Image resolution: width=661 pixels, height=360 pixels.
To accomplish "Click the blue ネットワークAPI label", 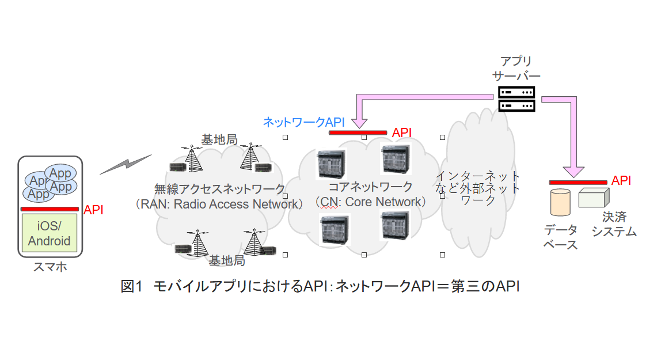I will (303, 122).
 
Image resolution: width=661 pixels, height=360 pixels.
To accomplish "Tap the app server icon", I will (516, 99).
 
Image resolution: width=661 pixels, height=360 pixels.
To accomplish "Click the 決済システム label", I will (614, 225).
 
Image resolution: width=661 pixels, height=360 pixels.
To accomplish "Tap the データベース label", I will (561, 237).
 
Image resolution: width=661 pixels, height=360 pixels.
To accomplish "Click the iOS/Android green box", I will (49, 233).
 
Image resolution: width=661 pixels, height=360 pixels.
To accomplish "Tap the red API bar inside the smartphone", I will (50, 209).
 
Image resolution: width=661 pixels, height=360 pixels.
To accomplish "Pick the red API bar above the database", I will (578, 181).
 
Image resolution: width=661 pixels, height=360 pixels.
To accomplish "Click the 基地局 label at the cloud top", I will (219, 140).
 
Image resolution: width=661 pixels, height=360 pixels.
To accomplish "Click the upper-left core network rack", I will (331, 164).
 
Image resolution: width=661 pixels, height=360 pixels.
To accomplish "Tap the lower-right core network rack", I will (395, 226).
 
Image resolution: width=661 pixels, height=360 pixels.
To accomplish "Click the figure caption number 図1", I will (131, 286).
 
